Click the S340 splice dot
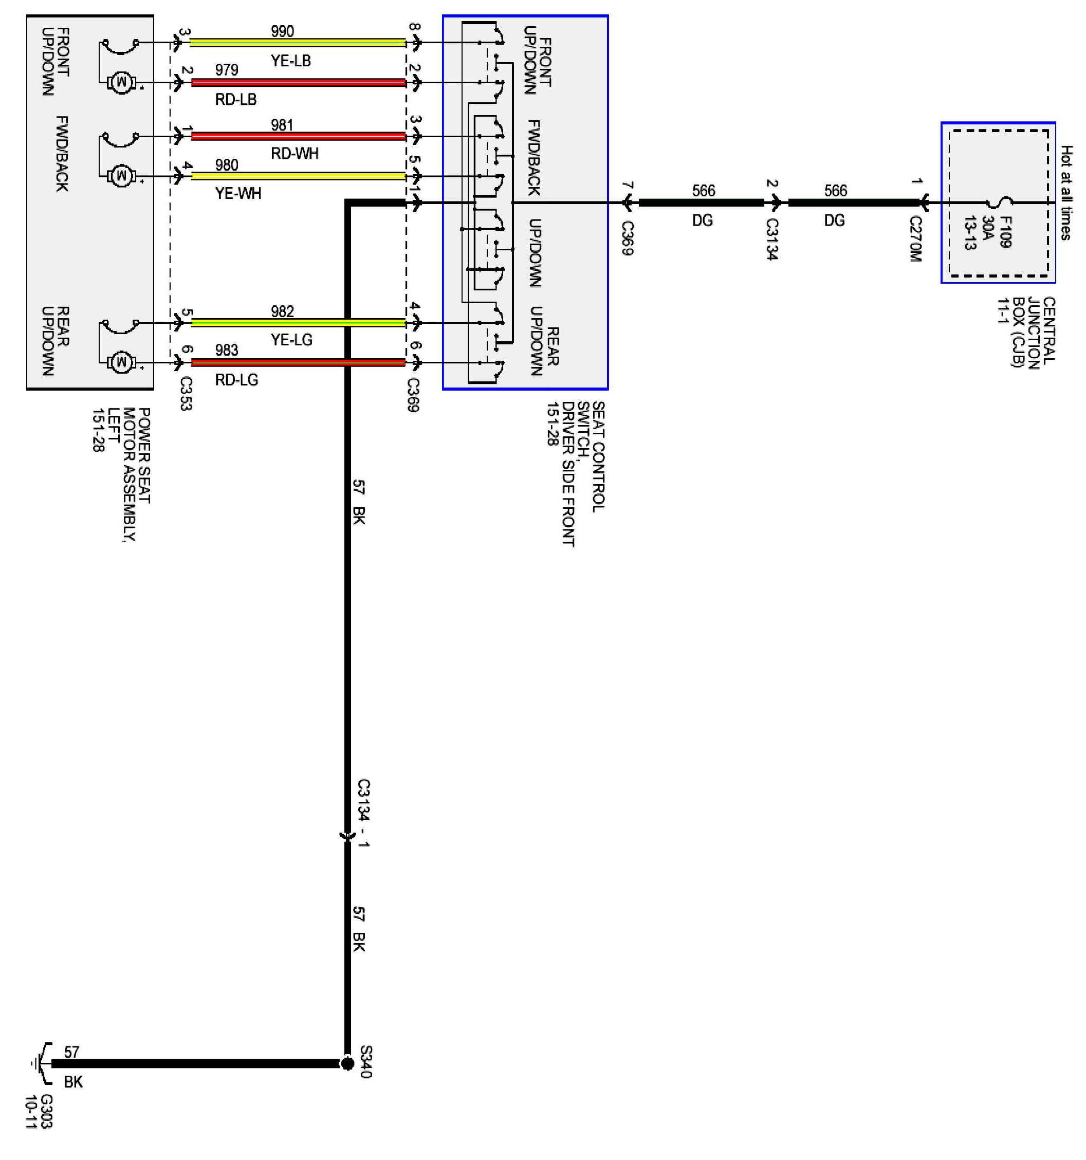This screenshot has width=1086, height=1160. [x=347, y=1064]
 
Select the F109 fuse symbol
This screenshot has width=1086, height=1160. [x=1001, y=203]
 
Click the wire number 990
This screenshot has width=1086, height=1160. [x=283, y=31]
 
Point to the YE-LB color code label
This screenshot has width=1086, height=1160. [x=290, y=61]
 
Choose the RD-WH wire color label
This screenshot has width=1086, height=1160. [x=294, y=154]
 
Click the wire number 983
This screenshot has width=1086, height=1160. [x=227, y=350]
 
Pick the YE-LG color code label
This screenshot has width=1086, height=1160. [x=292, y=340]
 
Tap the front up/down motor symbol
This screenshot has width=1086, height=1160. [x=121, y=82]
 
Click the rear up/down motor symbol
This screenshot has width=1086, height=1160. [x=121, y=362]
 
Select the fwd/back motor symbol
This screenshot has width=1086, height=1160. [x=121, y=175]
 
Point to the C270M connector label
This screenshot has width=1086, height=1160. [x=915, y=238]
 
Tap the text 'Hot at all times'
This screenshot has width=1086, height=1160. [x=1065, y=193]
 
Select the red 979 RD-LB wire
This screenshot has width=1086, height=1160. [x=298, y=82]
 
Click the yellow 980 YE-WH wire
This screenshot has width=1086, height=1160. [x=298, y=176]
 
